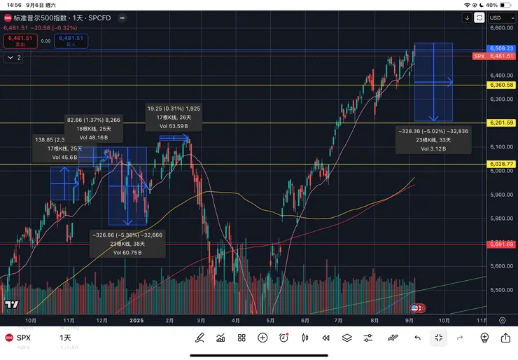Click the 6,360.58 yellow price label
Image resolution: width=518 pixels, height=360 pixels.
[502, 85]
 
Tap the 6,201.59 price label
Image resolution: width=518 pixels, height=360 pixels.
[502, 123]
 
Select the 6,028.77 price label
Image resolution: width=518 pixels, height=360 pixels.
[502, 164]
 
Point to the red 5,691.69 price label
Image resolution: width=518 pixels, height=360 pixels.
[502, 244]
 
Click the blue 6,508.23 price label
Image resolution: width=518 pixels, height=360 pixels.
[502, 48]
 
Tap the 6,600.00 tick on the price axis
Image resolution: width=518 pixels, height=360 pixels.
[502, 28]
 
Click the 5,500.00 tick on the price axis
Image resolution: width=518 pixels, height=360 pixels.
[502, 289]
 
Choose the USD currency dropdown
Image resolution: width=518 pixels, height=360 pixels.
[498, 18]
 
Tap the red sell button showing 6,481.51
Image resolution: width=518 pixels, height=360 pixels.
[17, 41]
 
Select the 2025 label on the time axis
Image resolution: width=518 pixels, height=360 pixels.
[136, 319]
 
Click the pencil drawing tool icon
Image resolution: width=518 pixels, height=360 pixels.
[199, 338]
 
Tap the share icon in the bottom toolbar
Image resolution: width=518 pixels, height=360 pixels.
[505, 338]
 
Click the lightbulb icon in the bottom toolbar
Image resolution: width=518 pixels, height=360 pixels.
[484, 338]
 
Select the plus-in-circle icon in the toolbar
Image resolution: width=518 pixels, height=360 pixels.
[262, 338]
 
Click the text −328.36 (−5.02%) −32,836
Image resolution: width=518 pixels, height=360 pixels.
[433, 131]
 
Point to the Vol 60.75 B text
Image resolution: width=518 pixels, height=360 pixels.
[127, 252]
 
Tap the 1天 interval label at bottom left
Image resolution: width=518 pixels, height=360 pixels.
[65, 338]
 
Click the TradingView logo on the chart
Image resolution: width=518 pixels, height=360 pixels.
[11, 305]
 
